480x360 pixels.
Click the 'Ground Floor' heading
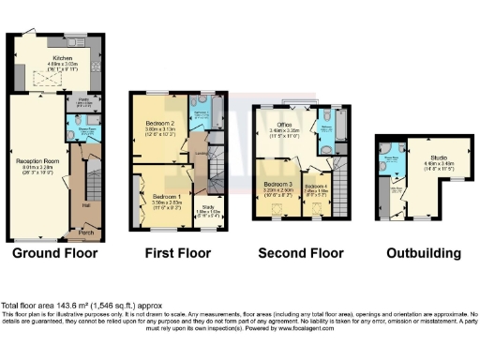pyautogui.click(x=56, y=253)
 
